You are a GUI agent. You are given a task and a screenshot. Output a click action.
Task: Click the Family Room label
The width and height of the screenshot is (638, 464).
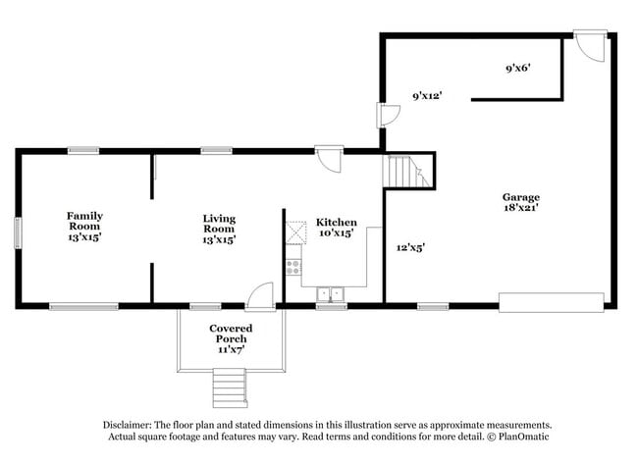[84, 226]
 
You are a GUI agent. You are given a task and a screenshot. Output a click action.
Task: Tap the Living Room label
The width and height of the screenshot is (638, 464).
[219, 228]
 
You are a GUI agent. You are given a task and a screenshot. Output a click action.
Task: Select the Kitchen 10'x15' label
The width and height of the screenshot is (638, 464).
[336, 228]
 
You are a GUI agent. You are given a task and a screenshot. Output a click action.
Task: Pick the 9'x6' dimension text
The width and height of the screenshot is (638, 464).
[517, 69]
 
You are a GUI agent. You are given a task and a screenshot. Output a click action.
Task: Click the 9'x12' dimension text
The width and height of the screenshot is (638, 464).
[427, 96]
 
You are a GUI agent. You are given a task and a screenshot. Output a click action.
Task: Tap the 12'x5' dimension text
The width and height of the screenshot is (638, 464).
[409, 247]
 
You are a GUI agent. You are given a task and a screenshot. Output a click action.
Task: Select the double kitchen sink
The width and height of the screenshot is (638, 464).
[331, 293]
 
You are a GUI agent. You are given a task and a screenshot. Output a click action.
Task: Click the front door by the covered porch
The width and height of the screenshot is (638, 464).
[260, 295]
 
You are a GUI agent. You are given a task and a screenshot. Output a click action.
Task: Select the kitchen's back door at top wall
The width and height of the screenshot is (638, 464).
[329, 159]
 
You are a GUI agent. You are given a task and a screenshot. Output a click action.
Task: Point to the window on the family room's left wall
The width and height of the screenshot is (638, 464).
[17, 232]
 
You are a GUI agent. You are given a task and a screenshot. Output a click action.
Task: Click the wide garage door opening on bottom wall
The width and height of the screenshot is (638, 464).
[551, 302]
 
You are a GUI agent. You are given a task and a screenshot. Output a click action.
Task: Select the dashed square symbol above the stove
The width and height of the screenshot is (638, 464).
[295, 232]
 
